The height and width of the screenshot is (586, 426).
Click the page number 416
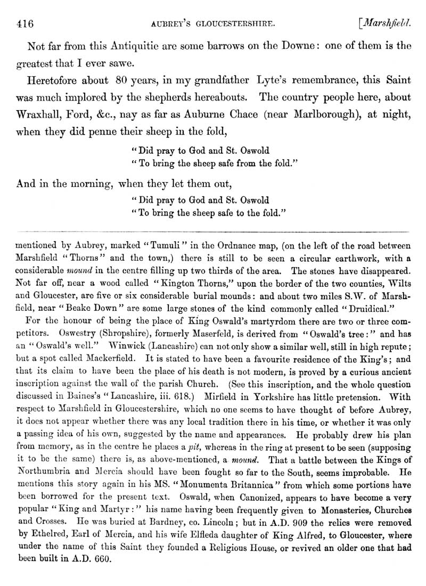pos(26,23)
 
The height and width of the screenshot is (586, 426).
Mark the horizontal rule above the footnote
pos(213,231)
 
